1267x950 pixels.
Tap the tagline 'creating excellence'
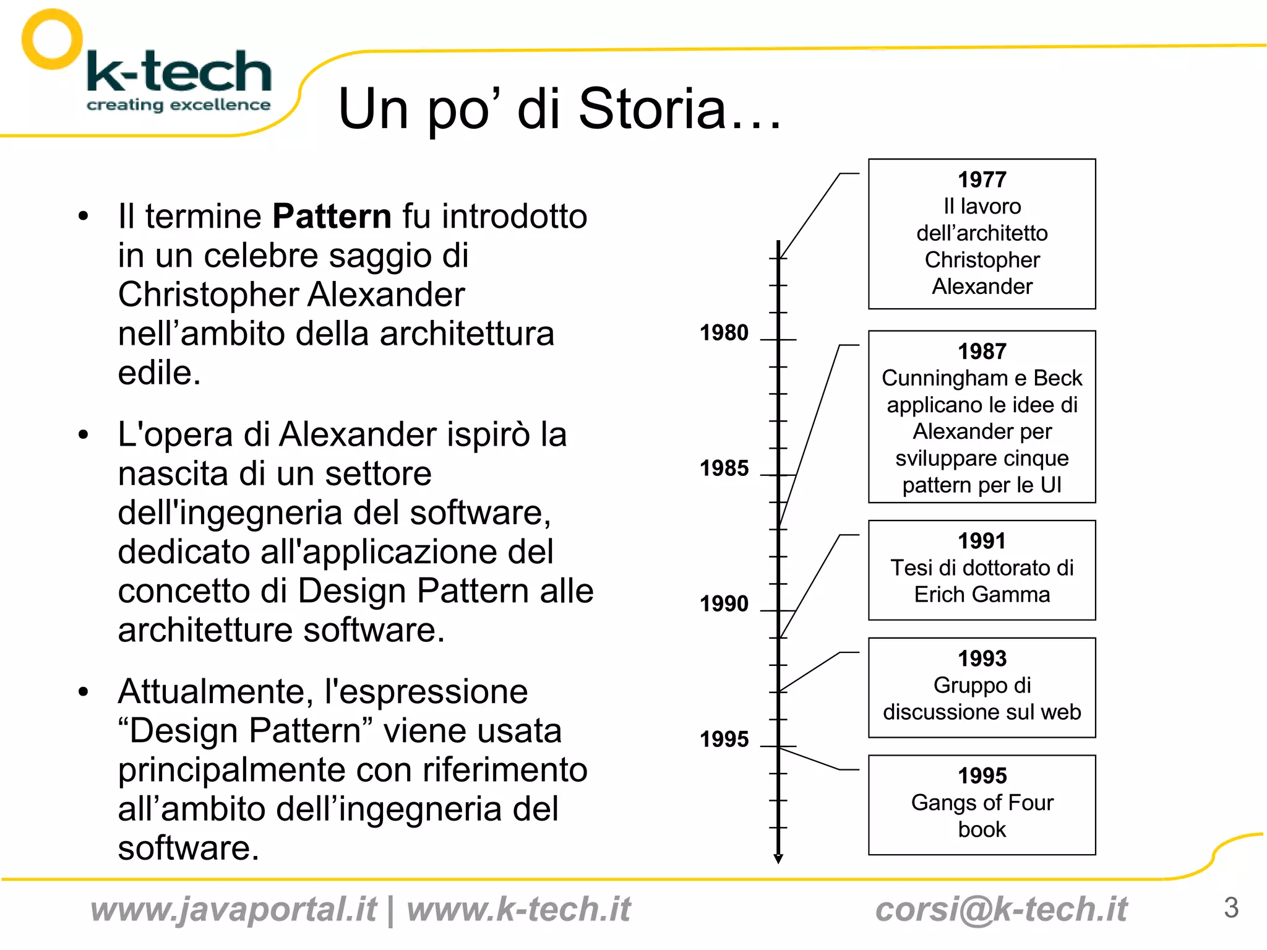click(178, 105)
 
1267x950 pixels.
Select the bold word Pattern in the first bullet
click(332, 217)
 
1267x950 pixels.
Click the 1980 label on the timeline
click(724, 333)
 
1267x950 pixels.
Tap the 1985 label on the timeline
click(724, 469)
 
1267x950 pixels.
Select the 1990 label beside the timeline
click(724, 603)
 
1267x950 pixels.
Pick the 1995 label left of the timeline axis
click(724, 739)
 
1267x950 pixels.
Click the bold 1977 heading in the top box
click(982, 179)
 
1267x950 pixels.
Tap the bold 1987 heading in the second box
click(982, 352)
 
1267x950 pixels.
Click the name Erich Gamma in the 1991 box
click(982, 595)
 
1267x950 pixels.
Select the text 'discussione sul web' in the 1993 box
click(982, 712)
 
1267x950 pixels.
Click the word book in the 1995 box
click(982, 829)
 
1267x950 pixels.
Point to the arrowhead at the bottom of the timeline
click(778, 859)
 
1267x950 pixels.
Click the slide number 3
click(1230, 908)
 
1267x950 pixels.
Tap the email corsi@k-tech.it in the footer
click(1001, 910)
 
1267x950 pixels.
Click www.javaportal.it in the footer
click(233, 910)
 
